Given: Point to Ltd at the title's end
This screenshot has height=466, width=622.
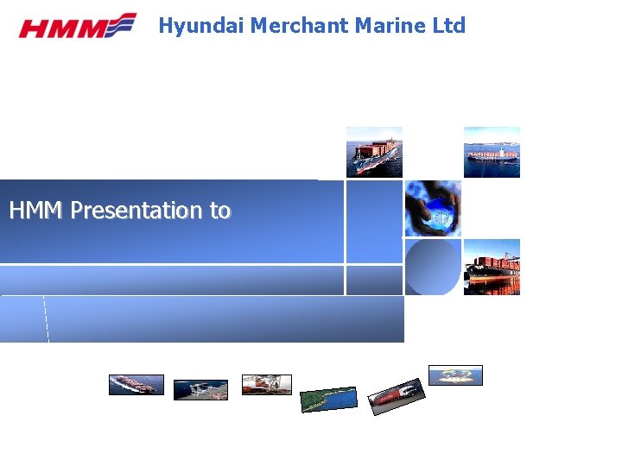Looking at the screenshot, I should (448, 26).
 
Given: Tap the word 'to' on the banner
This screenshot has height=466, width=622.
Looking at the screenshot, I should (220, 211).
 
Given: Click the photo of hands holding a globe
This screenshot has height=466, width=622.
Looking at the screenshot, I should (433, 208).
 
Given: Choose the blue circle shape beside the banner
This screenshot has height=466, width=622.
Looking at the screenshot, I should (432, 268).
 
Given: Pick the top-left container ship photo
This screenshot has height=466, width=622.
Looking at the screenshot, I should (374, 152).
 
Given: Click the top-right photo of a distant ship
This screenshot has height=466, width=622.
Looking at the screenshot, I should (492, 152).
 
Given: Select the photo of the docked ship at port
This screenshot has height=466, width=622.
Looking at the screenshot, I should (492, 267).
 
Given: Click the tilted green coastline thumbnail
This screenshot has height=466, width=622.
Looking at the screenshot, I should (328, 400).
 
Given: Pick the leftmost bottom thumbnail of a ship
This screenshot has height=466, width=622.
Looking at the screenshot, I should (136, 385).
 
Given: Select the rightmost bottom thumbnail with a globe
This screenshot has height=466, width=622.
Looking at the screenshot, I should (455, 375).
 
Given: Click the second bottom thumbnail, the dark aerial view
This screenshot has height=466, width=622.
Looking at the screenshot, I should (200, 390).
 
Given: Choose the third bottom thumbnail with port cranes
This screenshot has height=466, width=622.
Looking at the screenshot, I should (267, 385).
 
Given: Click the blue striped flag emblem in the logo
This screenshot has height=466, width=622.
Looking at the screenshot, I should (123, 24).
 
